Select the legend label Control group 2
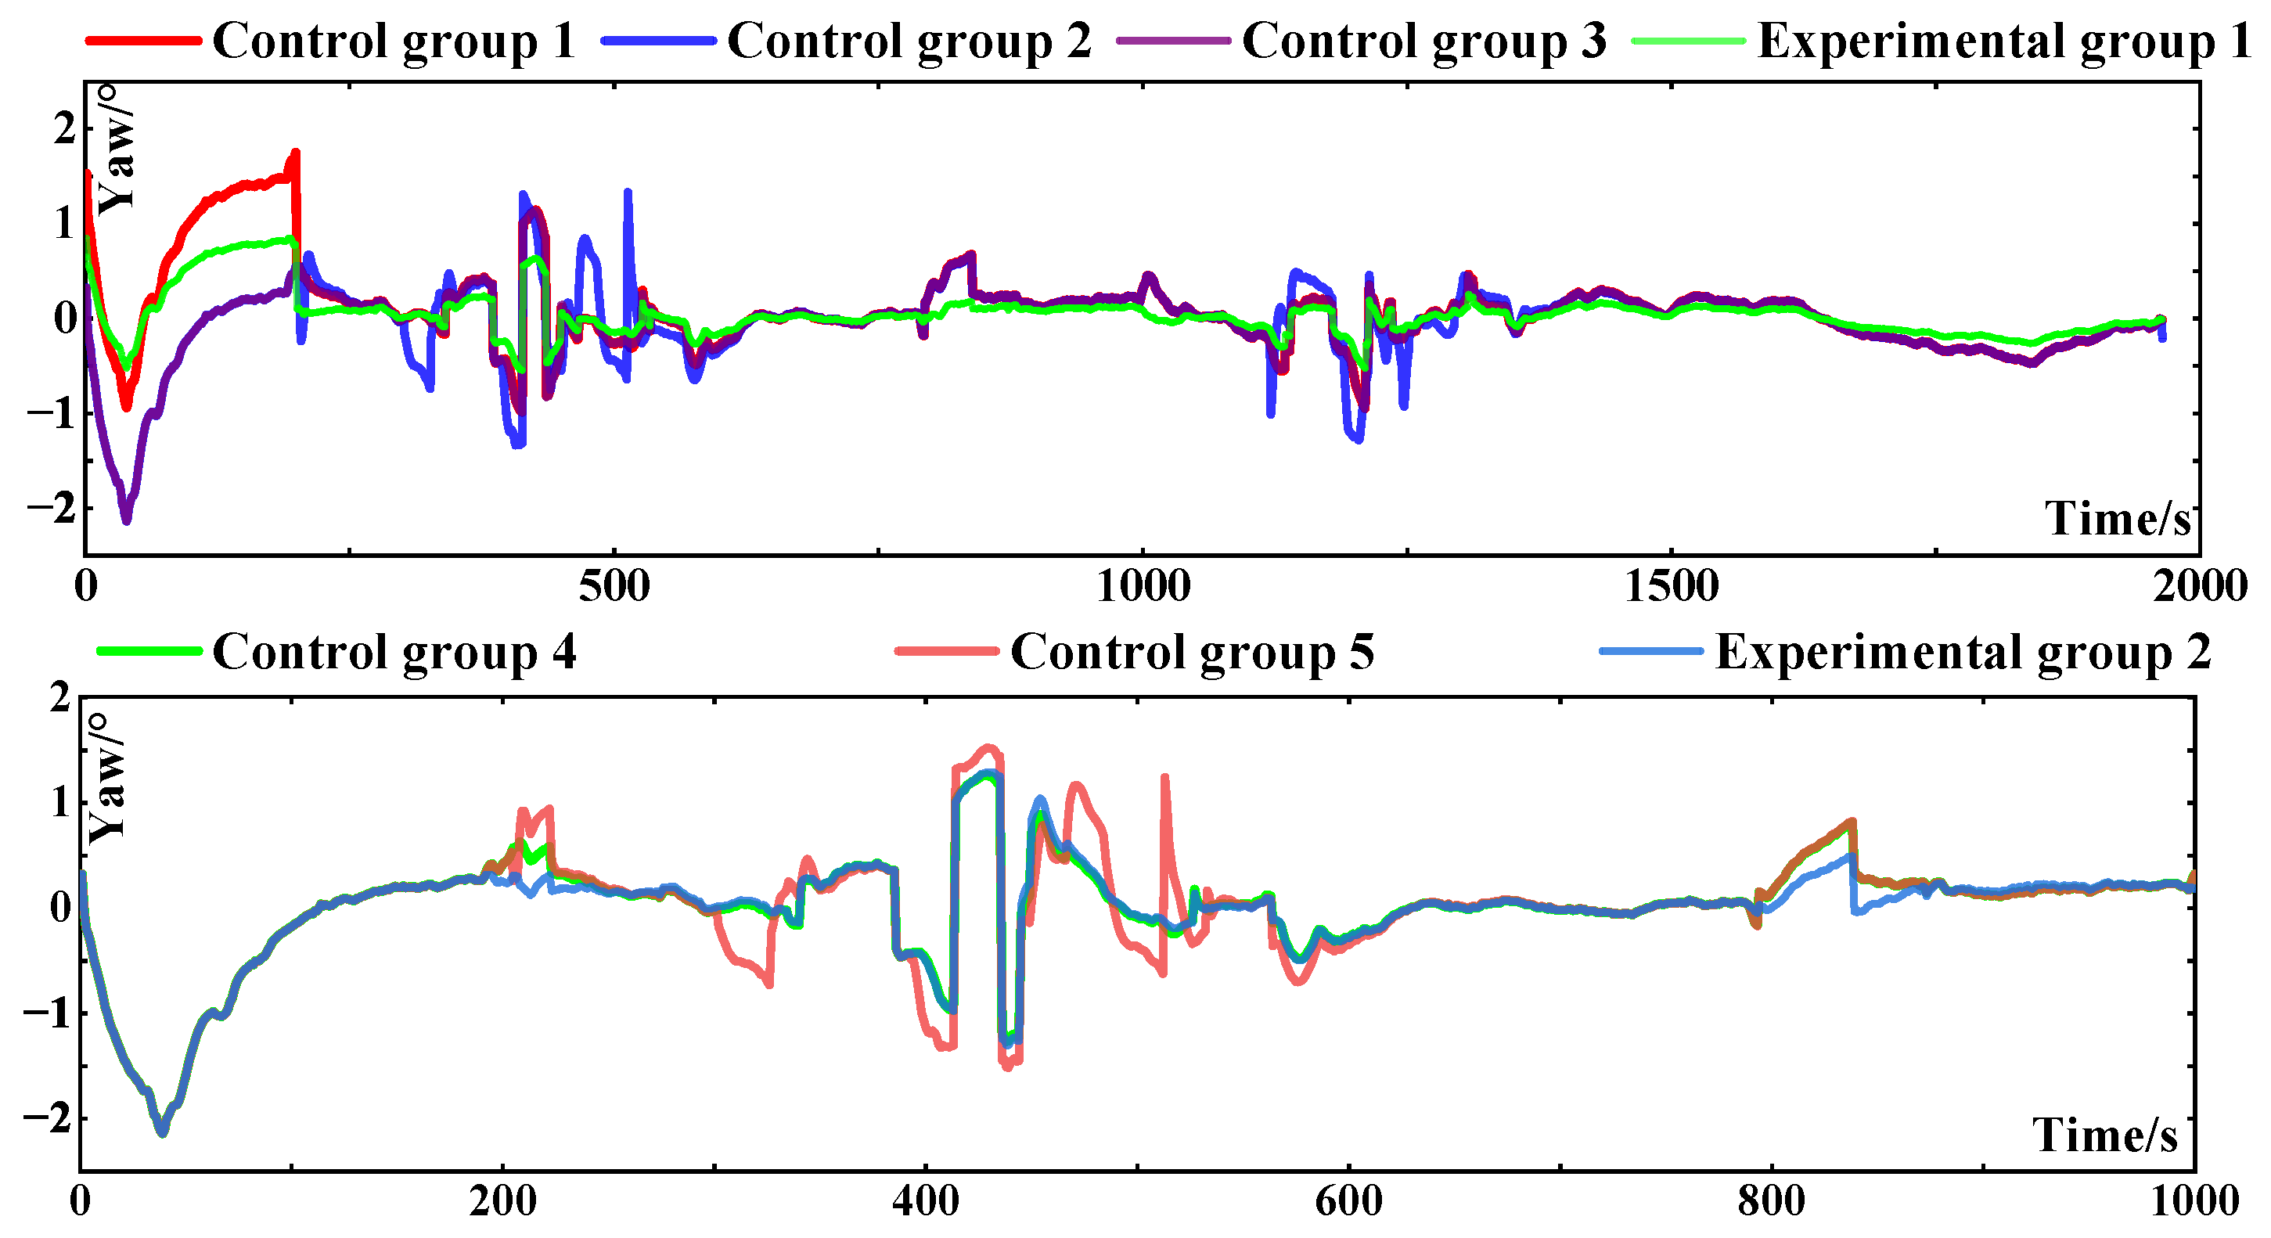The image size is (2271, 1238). (908, 41)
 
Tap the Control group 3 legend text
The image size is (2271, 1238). (1423, 41)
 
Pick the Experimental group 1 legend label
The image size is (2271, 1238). (2003, 41)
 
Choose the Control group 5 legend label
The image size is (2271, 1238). (1192, 653)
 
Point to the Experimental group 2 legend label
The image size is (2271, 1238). (1963, 653)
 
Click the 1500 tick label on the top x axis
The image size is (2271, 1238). (1671, 587)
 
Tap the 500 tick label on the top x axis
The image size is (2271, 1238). (614, 587)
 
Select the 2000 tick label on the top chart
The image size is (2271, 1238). (2199, 587)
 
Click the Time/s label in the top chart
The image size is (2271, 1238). (2118, 519)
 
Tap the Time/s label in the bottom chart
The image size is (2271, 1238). (2105, 1135)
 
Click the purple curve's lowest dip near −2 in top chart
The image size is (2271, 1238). (126, 520)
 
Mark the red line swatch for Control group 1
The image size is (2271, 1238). (143, 41)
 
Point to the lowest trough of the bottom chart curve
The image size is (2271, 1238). (162, 1132)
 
